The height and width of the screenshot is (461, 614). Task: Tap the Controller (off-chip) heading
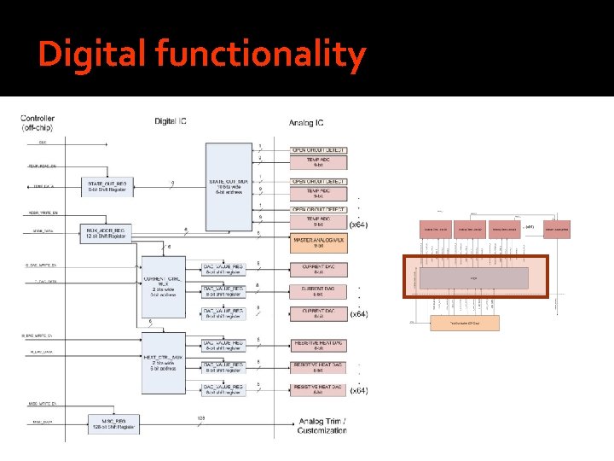pyautogui.click(x=39, y=123)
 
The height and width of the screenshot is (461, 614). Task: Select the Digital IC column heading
pyautogui.click(x=171, y=121)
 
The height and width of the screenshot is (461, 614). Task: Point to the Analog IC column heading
pyautogui.click(x=306, y=123)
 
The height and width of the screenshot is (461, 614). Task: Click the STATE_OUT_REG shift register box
pyautogui.click(x=107, y=185)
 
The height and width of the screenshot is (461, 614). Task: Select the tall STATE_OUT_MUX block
pyautogui.click(x=228, y=185)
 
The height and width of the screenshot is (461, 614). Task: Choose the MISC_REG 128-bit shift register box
pyautogui.click(x=112, y=423)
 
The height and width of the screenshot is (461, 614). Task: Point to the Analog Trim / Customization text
pyautogui.click(x=323, y=425)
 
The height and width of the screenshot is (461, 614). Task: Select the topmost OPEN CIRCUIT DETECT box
pyautogui.click(x=319, y=147)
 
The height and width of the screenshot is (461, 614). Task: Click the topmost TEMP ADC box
pyautogui.click(x=319, y=160)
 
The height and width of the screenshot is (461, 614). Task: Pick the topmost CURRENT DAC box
pyautogui.click(x=319, y=270)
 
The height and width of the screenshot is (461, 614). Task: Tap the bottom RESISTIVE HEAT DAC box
pyautogui.click(x=319, y=389)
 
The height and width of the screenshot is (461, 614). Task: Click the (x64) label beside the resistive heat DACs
pyautogui.click(x=358, y=391)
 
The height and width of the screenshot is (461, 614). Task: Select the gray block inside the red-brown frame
pyautogui.click(x=473, y=278)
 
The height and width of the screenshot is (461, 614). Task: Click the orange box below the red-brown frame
pyautogui.click(x=465, y=322)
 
